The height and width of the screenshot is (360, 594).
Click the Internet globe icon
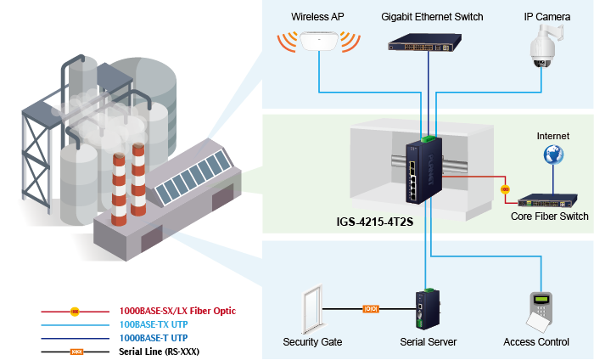553,155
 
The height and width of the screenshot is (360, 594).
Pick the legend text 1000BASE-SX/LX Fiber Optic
177,311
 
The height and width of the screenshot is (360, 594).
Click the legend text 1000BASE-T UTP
154,337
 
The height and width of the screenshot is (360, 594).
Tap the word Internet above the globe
553,135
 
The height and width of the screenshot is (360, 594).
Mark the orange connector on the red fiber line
504,188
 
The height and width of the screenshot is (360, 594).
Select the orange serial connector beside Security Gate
371,309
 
